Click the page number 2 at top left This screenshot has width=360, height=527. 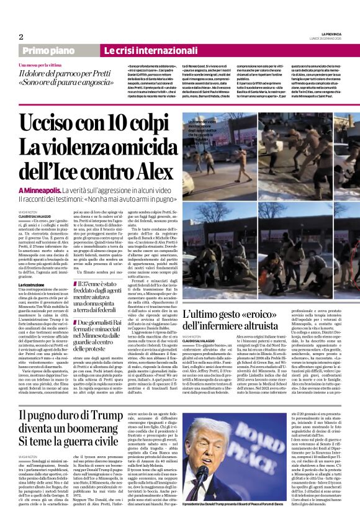[x=21, y=37]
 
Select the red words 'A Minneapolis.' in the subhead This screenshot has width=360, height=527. [x=40, y=189]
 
